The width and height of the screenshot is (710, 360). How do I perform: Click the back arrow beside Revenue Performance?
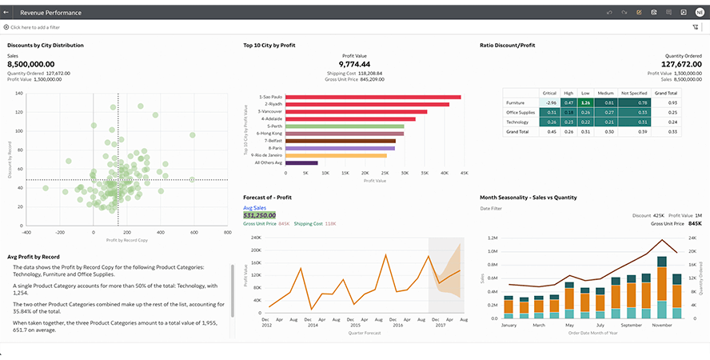(6, 13)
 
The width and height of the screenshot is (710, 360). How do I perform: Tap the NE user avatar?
(700, 13)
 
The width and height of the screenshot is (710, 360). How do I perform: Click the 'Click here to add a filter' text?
(35, 27)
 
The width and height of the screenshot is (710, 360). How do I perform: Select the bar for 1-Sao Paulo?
(373, 97)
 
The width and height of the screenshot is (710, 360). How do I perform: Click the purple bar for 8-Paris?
(340, 148)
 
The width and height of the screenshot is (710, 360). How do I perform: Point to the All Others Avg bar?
(301, 162)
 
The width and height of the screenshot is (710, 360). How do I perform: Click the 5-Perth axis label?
(273, 126)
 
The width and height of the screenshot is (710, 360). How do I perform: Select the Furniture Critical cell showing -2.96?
(549, 102)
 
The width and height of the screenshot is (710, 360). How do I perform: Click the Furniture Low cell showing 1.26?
(586, 102)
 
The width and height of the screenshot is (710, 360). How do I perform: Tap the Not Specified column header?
(634, 93)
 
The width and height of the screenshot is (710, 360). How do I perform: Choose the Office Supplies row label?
(521, 112)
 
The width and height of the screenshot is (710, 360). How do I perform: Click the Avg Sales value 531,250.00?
(259, 215)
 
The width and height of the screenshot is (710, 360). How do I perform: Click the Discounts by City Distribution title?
(46, 46)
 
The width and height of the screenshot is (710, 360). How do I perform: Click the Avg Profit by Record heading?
(34, 257)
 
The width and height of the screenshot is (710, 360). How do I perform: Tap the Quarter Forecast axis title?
(364, 333)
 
